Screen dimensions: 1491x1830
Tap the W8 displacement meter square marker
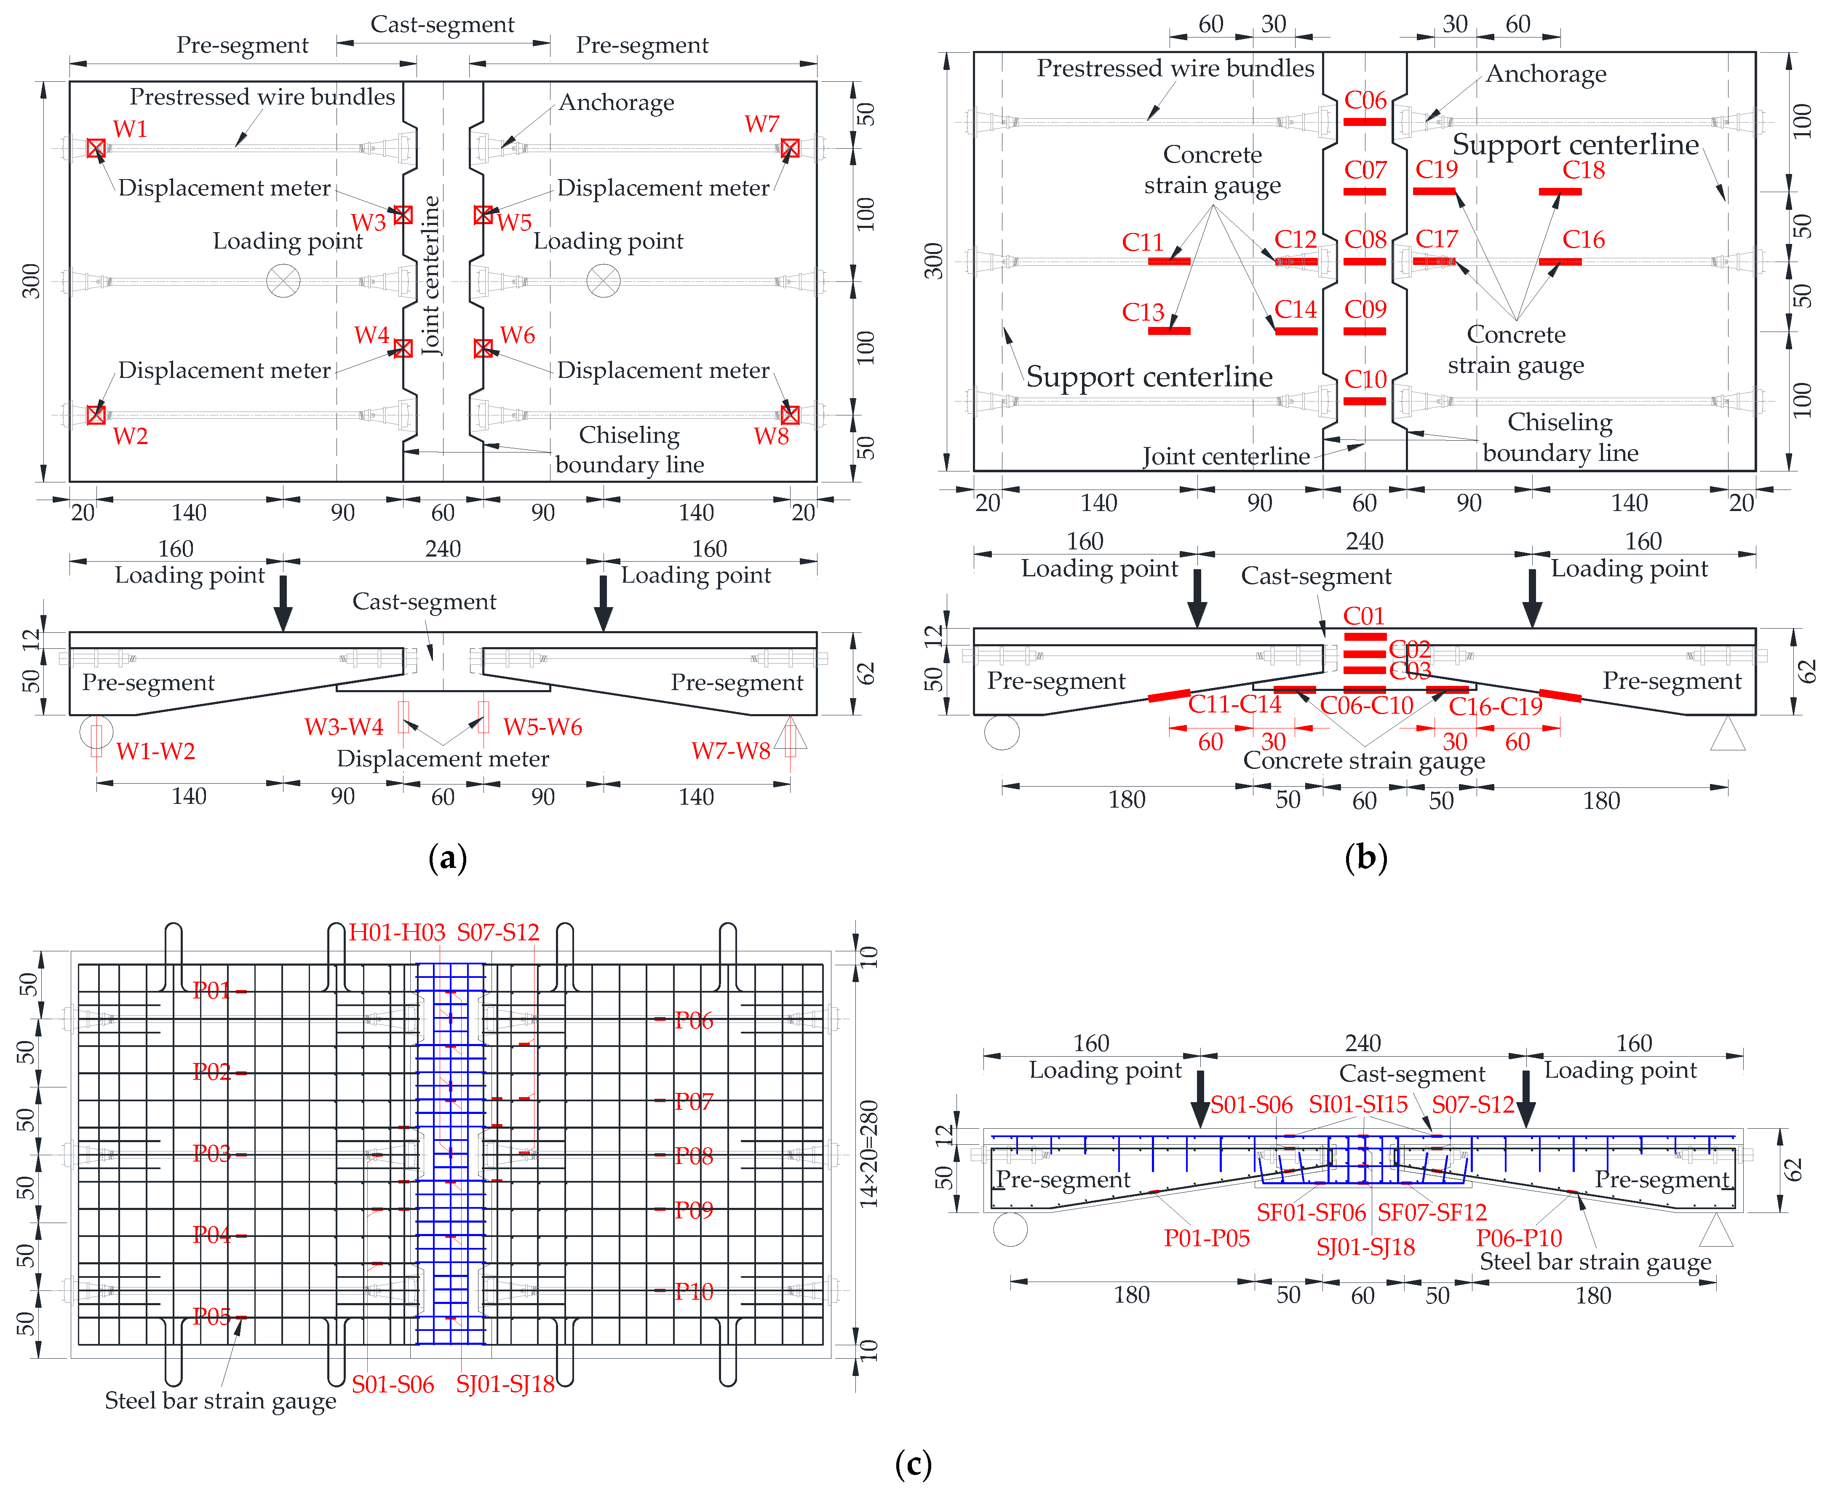coord(790,415)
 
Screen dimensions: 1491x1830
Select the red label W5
coord(514,222)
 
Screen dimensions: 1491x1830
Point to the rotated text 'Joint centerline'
coord(431,275)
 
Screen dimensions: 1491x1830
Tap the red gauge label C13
coord(1143,312)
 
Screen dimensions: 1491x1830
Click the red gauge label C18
coord(1584,170)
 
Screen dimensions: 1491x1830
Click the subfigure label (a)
coord(447,857)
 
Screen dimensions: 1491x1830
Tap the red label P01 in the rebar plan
coord(211,990)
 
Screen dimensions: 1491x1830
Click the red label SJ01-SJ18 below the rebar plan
coord(505,1384)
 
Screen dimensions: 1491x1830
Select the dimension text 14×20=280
coord(869,1154)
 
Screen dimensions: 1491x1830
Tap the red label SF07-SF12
coord(1432,1212)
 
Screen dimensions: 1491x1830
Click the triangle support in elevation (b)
coord(1728,734)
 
